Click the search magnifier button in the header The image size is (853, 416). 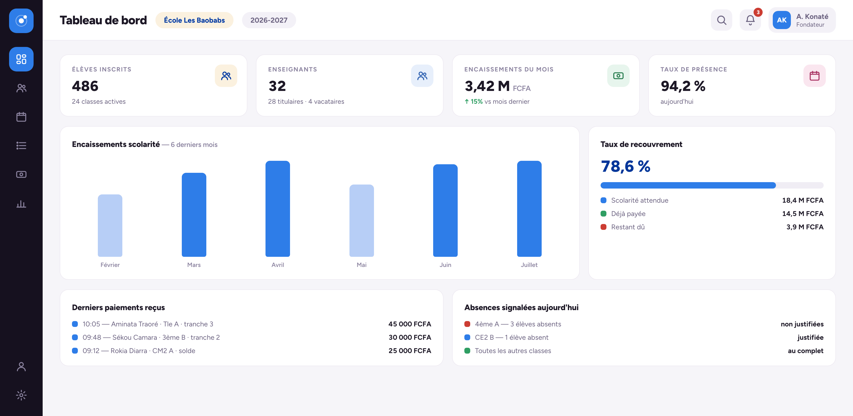click(x=721, y=20)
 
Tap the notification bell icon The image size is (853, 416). click(x=750, y=20)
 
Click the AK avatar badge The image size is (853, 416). click(x=782, y=20)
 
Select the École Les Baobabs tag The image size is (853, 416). click(x=194, y=20)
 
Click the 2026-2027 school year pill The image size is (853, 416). click(x=269, y=20)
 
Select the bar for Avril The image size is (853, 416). click(x=277, y=209)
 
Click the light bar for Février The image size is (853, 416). click(x=110, y=226)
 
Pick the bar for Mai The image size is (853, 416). click(x=362, y=221)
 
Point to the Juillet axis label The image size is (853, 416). click(x=529, y=265)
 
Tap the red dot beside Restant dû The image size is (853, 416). click(x=603, y=227)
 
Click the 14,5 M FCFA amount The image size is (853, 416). click(x=803, y=214)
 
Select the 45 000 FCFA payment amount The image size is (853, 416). click(x=410, y=324)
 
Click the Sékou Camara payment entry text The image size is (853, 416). click(x=151, y=337)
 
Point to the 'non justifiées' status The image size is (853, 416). click(x=802, y=324)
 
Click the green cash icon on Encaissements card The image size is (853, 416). click(x=618, y=76)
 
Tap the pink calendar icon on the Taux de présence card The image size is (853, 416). click(x=814, y=76)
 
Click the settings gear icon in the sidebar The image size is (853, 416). click(x=21, y=395)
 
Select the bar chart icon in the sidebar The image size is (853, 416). click(x=21, y=204)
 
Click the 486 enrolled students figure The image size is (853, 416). click(x=85, y=86)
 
